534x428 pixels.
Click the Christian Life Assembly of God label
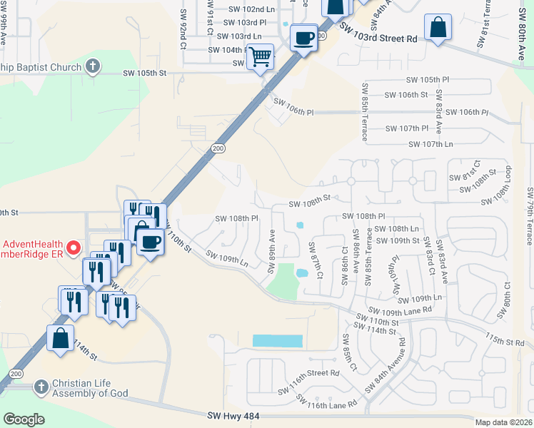tap(89, 387)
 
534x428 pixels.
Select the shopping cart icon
tap(261, 56)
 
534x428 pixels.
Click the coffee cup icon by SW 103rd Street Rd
tap(304, 37)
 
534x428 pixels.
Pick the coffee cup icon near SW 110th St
tap(149, 242)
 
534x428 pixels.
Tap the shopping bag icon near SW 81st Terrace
tap(438, 28)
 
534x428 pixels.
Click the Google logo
tap(24, 419)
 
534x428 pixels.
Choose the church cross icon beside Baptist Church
tap(92, 67)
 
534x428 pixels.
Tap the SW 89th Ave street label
tap(271, 250)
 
